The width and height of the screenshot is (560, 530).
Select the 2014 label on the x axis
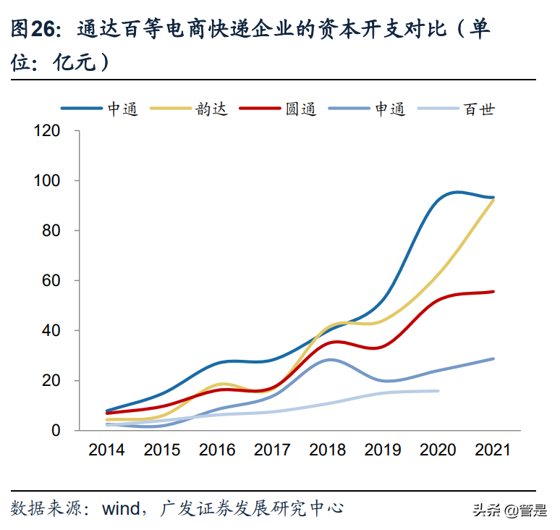[x=106, y=450]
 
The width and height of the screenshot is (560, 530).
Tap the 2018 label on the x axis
[x=327, y=450]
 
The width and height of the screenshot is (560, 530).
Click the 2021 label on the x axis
[x=493, y=450]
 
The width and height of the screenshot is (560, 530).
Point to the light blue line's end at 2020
[x=438, y=391]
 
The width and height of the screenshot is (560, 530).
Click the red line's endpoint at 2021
[x=493, y=292]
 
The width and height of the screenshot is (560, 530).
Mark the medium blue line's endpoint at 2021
[x=493, y=358]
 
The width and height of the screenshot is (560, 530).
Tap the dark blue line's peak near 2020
[x=456, y=193]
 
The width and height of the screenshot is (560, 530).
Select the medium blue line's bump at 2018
[x=330, y=359]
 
